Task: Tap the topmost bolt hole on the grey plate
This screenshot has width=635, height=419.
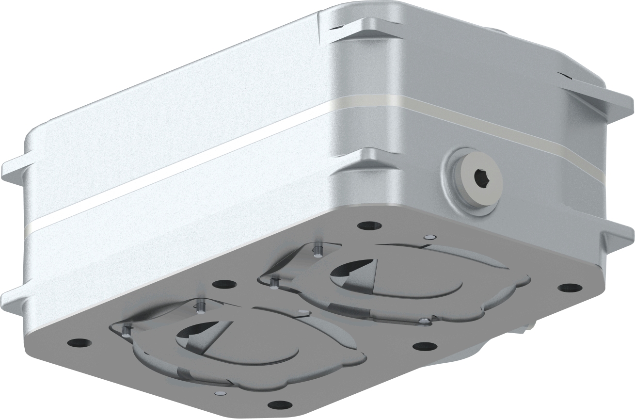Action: (369, 226)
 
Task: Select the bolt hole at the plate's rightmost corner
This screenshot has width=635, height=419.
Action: (569, 288)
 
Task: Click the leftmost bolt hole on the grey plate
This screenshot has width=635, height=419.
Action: (79, 342)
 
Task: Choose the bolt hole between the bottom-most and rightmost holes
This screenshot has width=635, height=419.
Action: (425, 346)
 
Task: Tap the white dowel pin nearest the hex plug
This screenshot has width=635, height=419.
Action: (428, 237)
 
